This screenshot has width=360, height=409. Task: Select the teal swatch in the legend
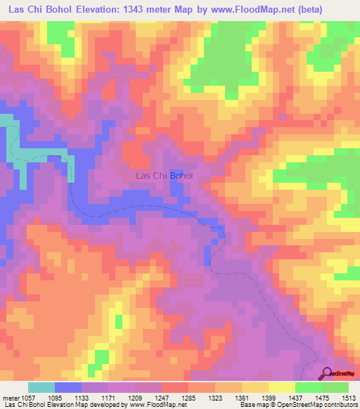41,388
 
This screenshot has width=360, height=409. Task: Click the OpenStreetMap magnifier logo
326,375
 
